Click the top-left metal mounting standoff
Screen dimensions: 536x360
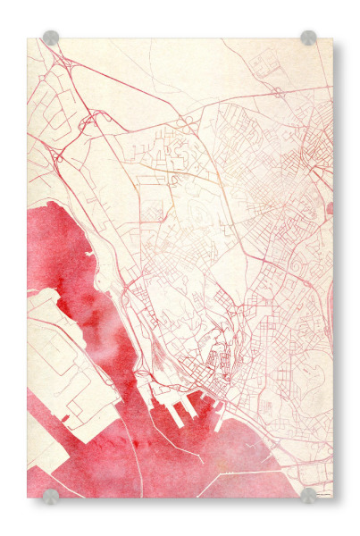(x=51, y=38)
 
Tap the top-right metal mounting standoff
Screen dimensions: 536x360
(x=308, y=38)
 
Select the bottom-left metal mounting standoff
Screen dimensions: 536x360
(x=51, y=496)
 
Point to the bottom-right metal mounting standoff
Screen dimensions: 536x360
(x=308, y=495)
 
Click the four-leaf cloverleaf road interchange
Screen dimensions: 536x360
(x=92, y=120)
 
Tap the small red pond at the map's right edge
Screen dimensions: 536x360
(x=330, y=208)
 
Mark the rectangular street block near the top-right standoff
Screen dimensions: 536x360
(x=265, y=63)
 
